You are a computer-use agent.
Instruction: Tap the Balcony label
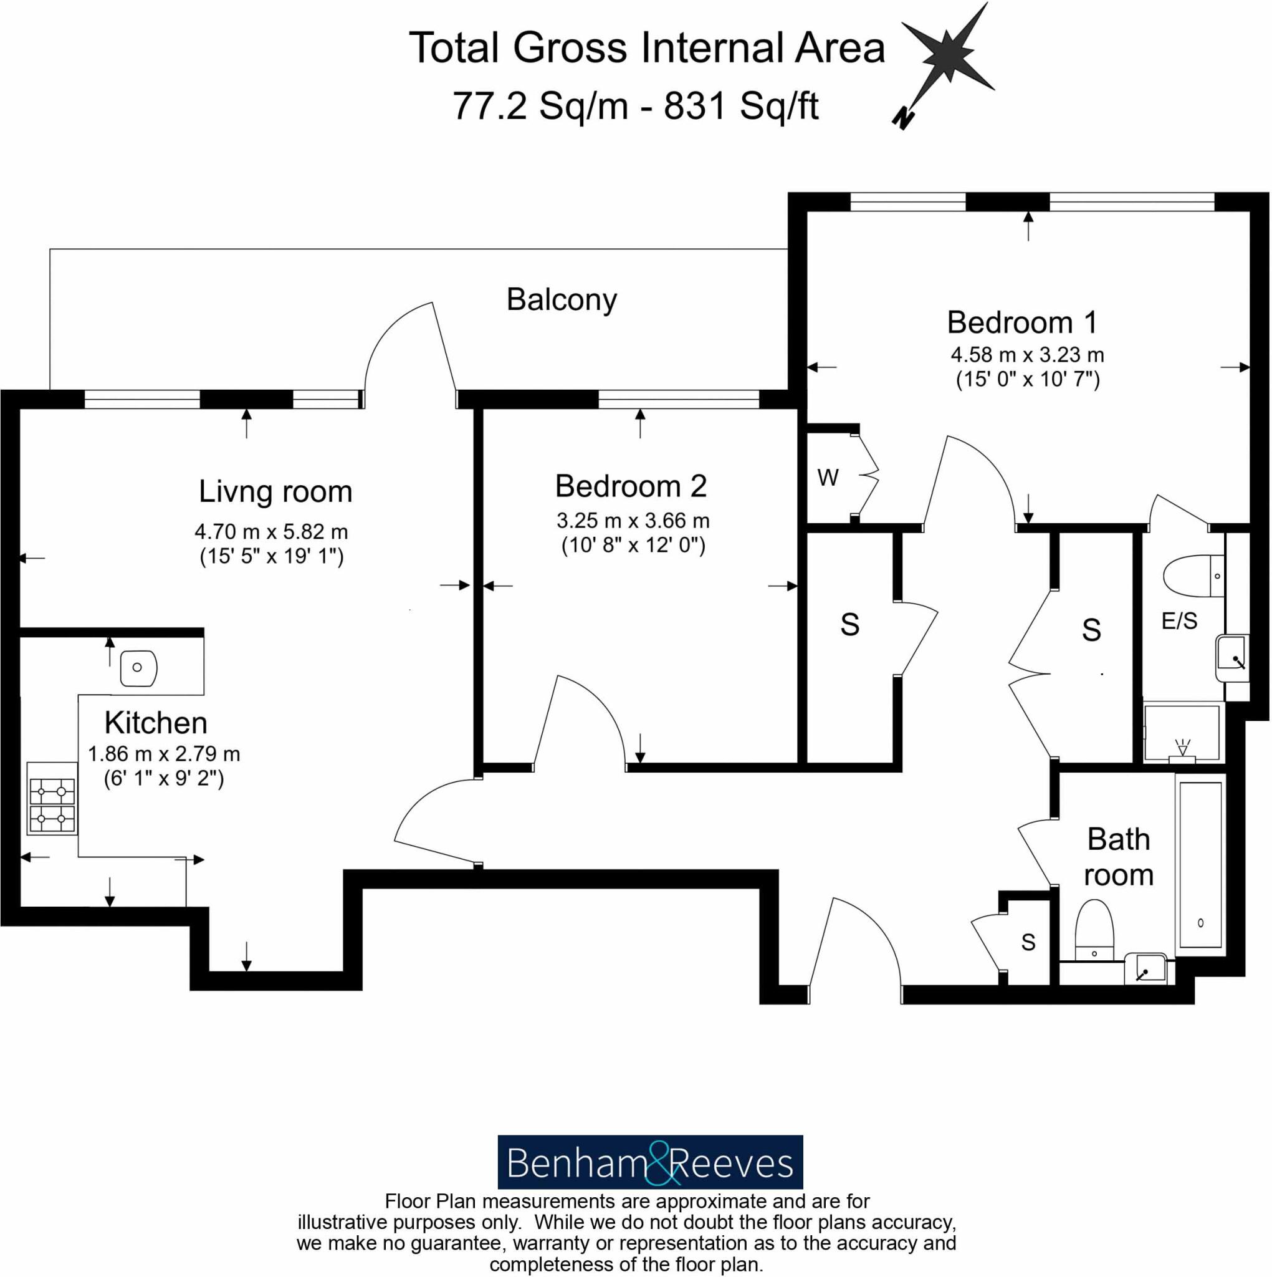(561, 299)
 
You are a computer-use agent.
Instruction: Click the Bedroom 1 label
(1021, 322)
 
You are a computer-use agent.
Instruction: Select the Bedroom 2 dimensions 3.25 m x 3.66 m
(633, 521)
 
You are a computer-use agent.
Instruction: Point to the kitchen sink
(138, 668)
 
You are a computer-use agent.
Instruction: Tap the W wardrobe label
(828, 477)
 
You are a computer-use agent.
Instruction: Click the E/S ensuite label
(1179, 620)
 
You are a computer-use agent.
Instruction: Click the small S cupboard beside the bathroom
(1028, 942)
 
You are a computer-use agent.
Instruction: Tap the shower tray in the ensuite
(1182, 733)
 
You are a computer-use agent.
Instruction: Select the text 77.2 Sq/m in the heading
(539, 106)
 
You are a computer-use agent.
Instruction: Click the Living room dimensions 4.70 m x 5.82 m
(271, 531)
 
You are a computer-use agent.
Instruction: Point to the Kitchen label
(156, 723)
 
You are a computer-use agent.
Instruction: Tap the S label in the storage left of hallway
(849, 625)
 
